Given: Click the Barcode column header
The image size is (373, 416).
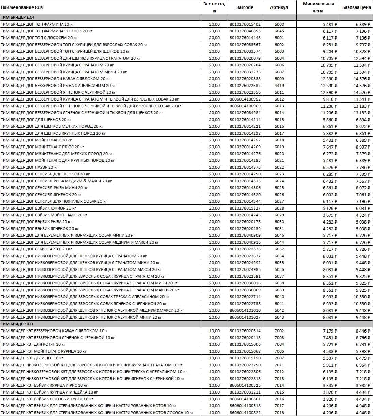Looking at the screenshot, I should pyautogui.click(x=245, y=7).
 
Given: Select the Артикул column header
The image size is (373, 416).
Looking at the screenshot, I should pyautogui.click(x=279, y=7).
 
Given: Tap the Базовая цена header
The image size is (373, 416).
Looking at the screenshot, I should pyautogui.click(x=356, y=7).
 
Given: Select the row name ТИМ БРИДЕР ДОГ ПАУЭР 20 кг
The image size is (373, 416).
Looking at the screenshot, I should pyautogui.click(x=30, y=167).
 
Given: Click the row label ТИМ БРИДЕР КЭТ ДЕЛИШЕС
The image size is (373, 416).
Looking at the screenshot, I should pyautogui.click(x=32, y=358).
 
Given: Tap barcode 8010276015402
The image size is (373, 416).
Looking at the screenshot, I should pyautogui.click(x=245, y=24).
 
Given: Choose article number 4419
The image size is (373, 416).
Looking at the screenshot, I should pyautogui.click(x=279, y=86).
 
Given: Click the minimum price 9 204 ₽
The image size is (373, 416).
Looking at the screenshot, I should pyautogui.click(x=330, y=51).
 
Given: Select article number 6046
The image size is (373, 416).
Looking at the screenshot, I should pyautogui.click(x=279, y=235).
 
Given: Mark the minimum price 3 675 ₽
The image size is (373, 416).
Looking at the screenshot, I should pyautogui.click(x=330, y=215).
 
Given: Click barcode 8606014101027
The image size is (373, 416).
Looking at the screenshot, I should pyautogui.click(x=245, y=317).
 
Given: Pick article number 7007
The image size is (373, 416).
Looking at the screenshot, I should pyautogui.click(x=279, y=358).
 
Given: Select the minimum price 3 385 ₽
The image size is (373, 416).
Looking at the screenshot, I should pyautogui.click(x=330, y=385).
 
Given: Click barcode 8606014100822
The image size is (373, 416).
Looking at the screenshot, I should pyautogui.click(x=245, y=413).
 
